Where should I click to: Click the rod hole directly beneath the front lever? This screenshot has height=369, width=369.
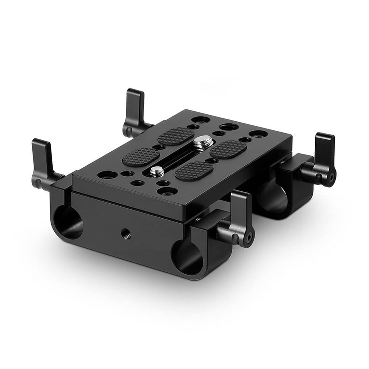187,257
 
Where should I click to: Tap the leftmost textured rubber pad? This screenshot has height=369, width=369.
141,157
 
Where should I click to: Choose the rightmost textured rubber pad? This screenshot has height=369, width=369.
228,149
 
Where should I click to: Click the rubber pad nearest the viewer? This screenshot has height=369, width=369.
194,171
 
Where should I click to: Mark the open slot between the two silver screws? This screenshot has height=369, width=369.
178,156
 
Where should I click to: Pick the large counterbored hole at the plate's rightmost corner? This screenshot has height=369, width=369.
258,134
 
